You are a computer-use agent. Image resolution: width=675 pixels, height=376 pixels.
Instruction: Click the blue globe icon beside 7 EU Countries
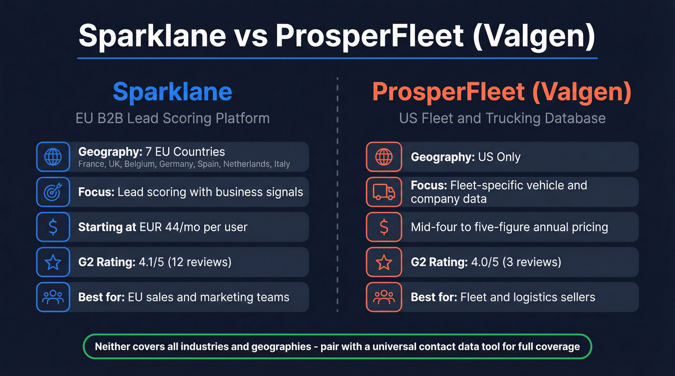[x=53, y=157]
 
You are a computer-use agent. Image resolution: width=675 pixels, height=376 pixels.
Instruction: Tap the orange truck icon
[x=384, y=192]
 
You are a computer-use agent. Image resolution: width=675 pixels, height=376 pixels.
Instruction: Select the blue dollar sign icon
[x=53, y=227]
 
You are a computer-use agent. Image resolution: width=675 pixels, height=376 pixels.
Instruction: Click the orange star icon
[x=384, y=262]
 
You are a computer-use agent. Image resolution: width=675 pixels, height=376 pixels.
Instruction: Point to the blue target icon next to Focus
[x=53, y=192]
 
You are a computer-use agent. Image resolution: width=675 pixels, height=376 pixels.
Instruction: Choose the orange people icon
[x=384, y=298]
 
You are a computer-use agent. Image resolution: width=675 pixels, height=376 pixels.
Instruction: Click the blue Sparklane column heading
[x=173, y=92]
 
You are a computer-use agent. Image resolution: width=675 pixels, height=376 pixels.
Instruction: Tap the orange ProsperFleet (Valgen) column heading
[x=501, y=92]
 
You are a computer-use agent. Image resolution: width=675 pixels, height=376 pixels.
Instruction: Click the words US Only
[x=499, y=157]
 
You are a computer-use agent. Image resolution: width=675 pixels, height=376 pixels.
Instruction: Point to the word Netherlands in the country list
[x=249, y=164]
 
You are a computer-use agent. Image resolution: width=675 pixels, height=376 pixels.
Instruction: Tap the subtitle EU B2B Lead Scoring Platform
[x=173, y=118]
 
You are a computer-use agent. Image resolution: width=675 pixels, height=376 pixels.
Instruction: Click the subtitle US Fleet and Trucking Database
[x=502, y=118]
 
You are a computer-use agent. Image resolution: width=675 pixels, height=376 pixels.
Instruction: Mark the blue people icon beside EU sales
[x=53, y=298]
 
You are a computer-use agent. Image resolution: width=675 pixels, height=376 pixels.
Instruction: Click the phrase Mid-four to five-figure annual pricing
[x=509, y=227]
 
